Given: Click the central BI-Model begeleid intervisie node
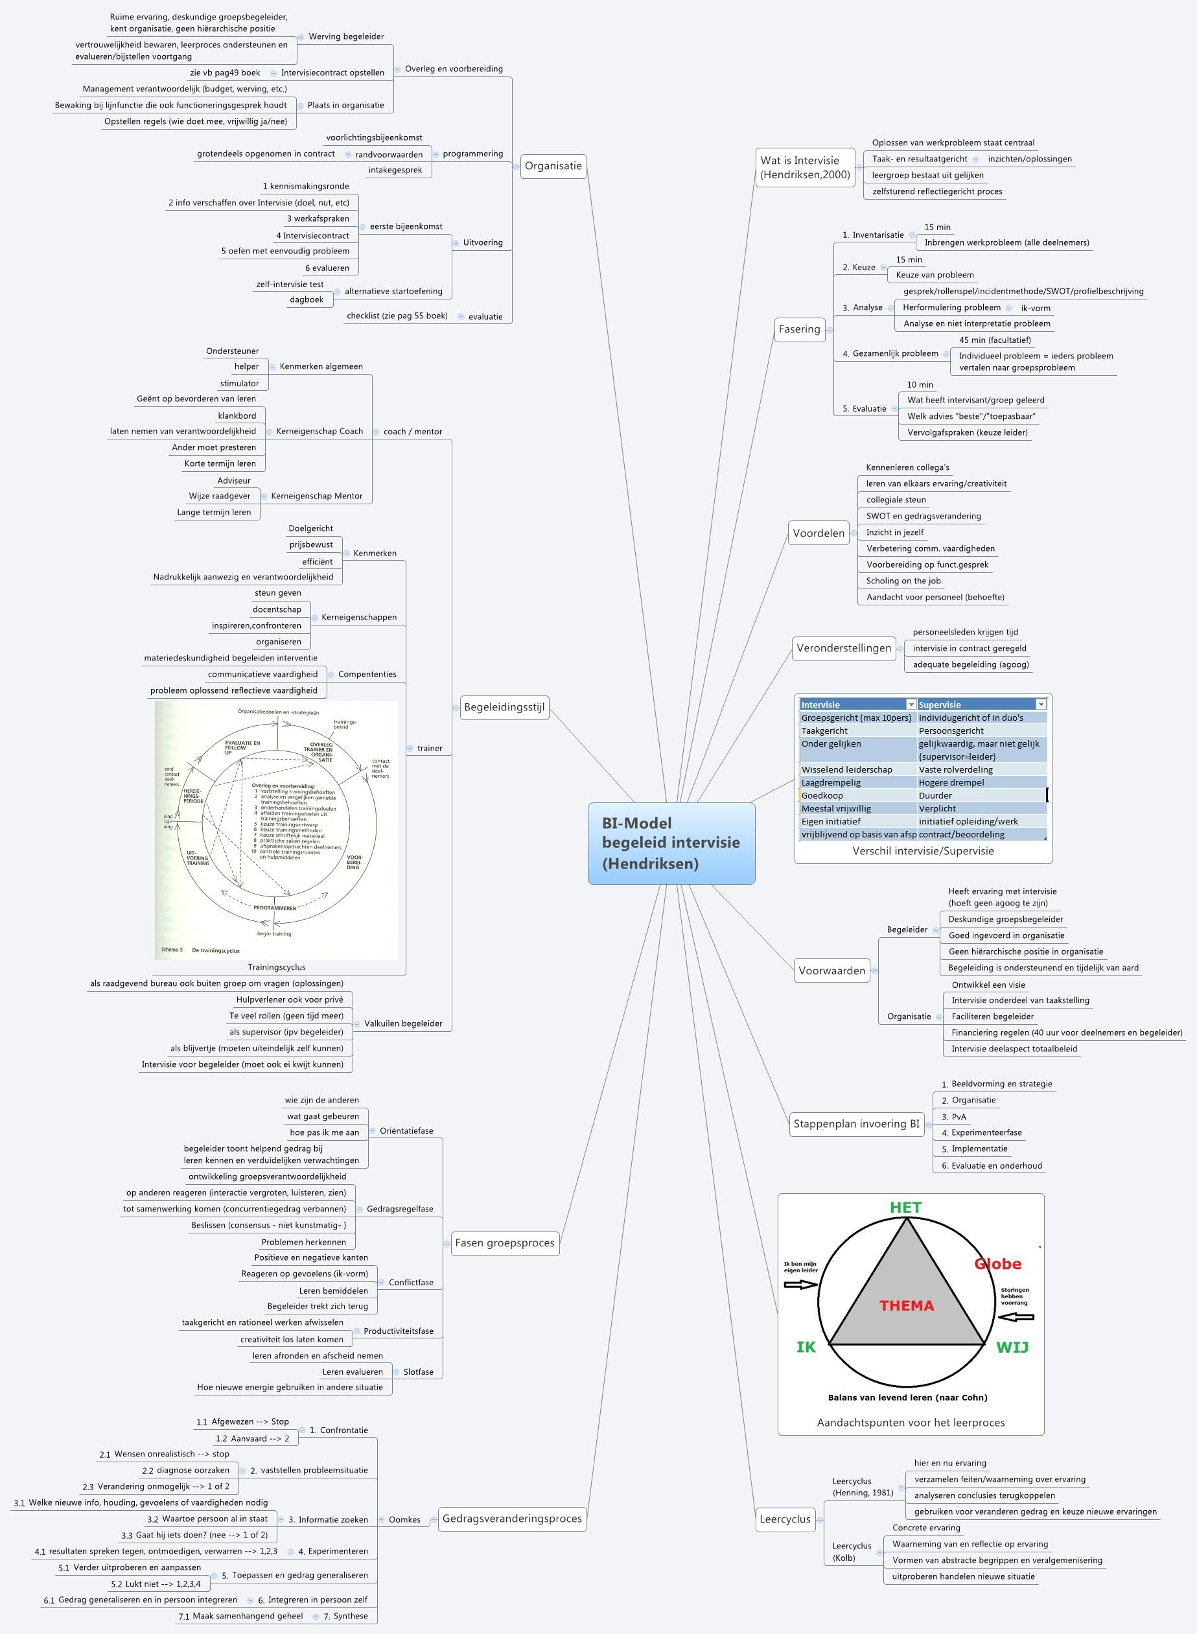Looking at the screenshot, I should point(671,843).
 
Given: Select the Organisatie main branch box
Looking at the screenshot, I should point(553,166).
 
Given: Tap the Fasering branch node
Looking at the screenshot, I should point(799,329).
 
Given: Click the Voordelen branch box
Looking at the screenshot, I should point(818,533).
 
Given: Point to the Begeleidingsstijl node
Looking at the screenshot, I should point(504,706).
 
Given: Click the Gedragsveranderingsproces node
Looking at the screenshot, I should point(511,1518).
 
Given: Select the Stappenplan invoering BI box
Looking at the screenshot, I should point(855,1123).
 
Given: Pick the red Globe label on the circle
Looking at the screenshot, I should point(998,1264).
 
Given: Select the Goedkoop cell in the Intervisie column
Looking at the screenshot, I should point(822,796).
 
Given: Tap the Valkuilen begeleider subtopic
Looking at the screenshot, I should point(403,1024).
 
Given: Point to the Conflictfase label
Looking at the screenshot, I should point(411,1282).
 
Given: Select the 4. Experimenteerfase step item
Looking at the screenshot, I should point(986,1132).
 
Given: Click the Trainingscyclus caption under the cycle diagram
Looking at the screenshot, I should point(277,967).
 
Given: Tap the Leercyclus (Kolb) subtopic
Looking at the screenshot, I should point(852,1552).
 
